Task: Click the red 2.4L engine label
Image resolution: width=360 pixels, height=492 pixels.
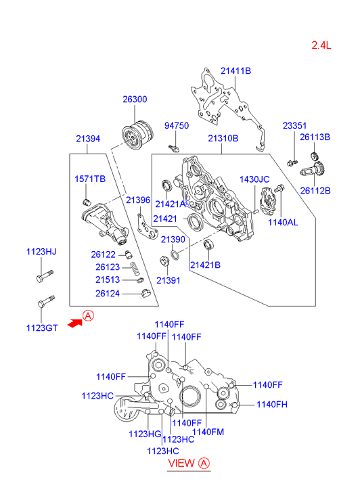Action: point(321,45)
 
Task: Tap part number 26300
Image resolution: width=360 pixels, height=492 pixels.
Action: point(135,99)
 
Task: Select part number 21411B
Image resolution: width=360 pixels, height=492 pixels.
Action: point(235,71)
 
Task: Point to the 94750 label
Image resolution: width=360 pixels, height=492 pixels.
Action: point(177,126)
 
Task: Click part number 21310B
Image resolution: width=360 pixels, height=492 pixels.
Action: point(223,138)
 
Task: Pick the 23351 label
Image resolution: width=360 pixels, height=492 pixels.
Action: point(294,125)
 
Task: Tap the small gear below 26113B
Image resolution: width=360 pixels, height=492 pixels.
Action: point(314,156)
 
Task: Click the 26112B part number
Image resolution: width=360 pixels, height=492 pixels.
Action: point(315,190)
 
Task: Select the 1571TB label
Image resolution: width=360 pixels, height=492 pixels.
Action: point(90,179)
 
